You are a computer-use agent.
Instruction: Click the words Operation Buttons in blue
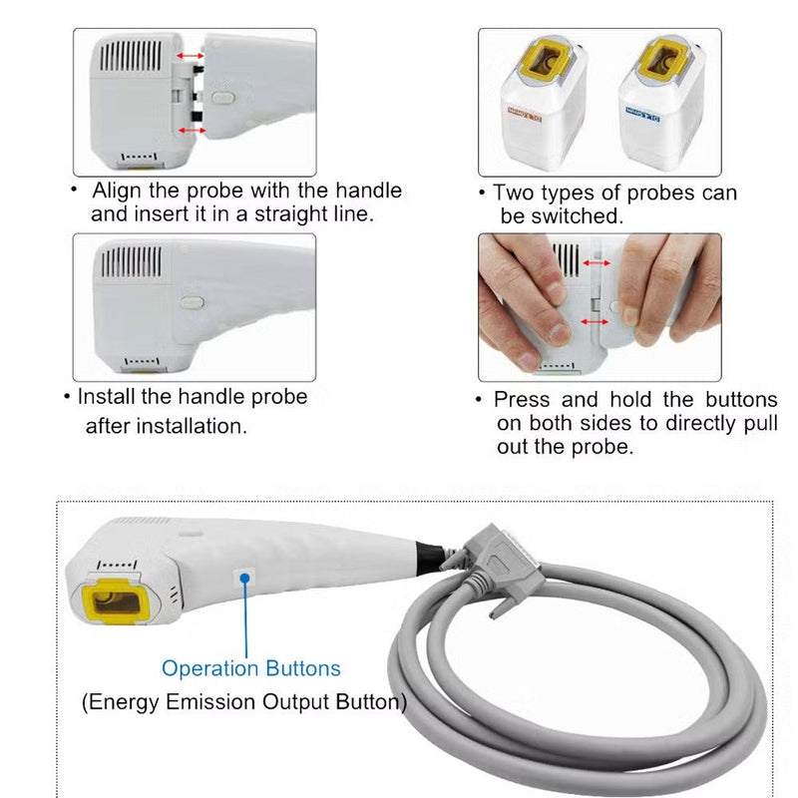[251, 669]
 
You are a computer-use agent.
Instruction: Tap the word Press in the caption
[522, 400]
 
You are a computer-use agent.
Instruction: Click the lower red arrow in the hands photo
[595, 323]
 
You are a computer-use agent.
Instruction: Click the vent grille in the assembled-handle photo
[130, 261]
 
